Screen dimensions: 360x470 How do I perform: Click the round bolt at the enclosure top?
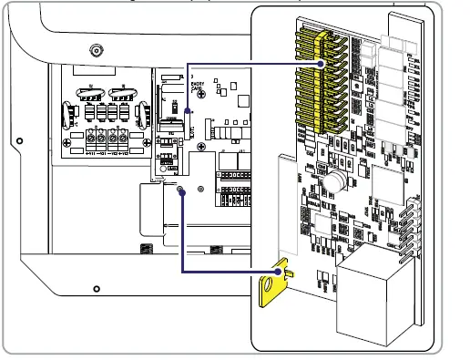[95, 50]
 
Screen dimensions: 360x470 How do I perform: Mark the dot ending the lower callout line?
[182, 190]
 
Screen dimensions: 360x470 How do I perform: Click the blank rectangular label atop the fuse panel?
[107, 74]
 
